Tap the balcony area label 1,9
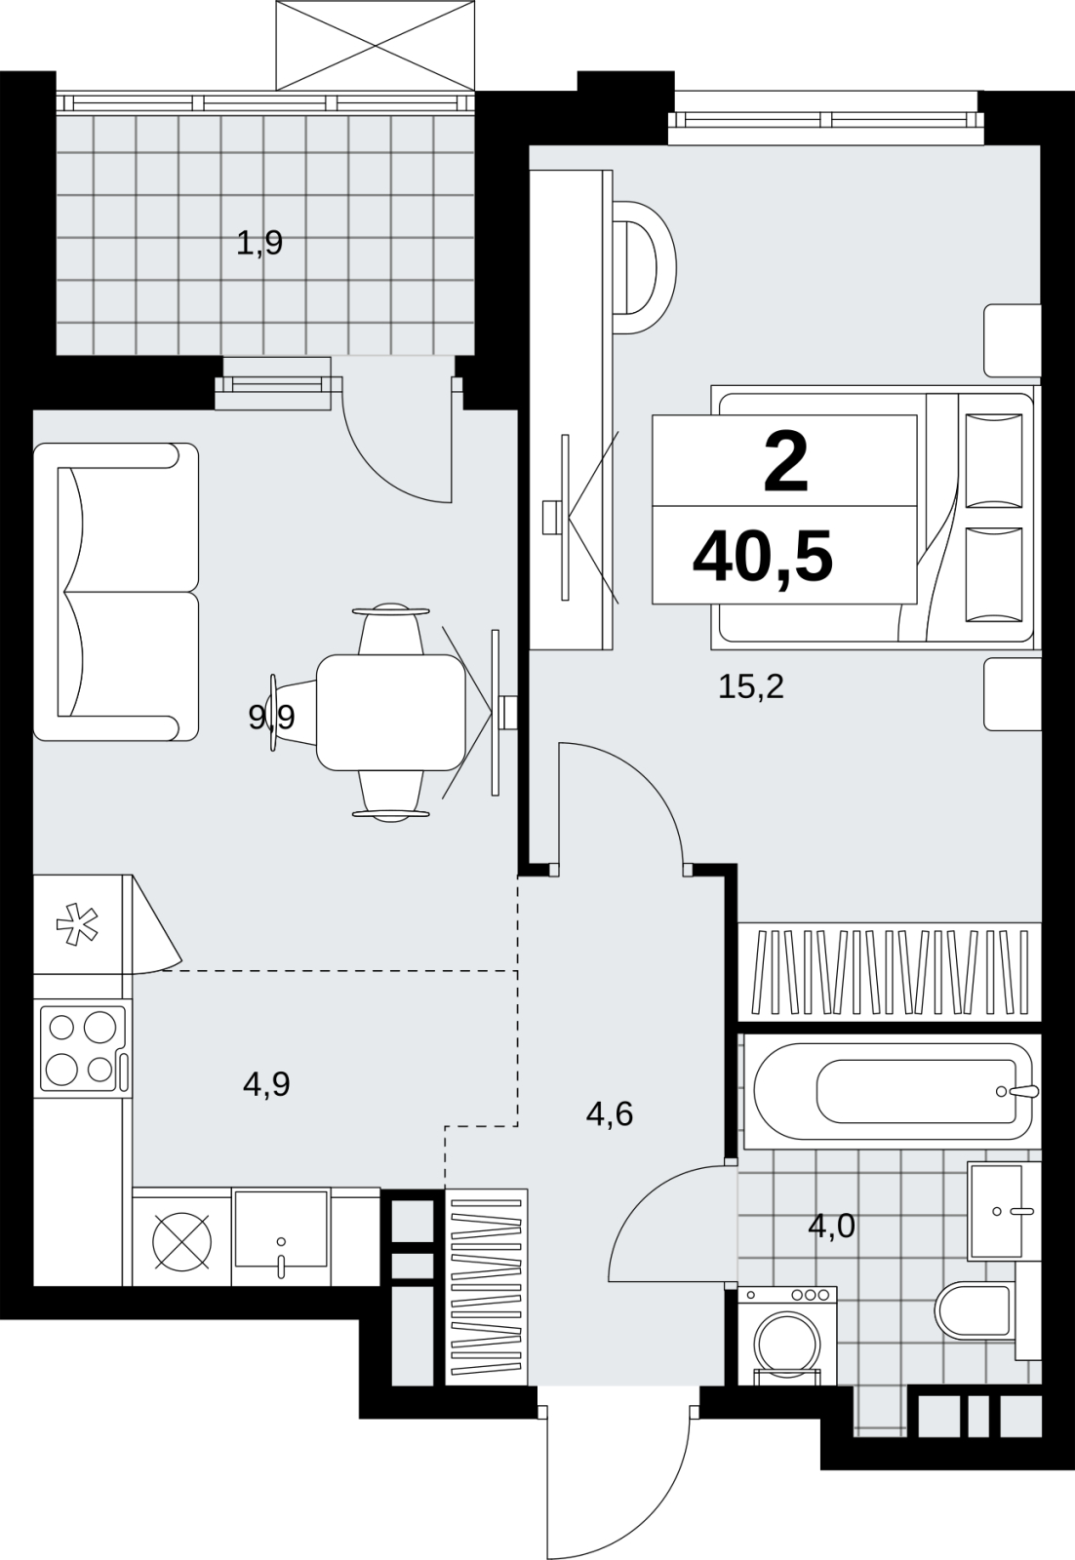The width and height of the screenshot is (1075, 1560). pos(259,245)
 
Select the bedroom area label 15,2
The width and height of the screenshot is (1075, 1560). pos(751,687)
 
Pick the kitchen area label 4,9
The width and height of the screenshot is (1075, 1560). pos(266,1084)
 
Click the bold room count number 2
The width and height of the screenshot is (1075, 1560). pos(786,462)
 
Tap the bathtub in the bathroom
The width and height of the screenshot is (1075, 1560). pos(890,1091)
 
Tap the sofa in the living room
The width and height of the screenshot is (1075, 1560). pos(116,592)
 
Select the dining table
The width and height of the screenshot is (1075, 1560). pos(391,713)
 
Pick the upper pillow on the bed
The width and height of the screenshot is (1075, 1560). pos(994,460)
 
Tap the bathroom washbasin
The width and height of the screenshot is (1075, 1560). pos(1004,1210)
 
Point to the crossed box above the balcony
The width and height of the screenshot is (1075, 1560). pos(376,46)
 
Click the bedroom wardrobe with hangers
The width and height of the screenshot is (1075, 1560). pos(890,972)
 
